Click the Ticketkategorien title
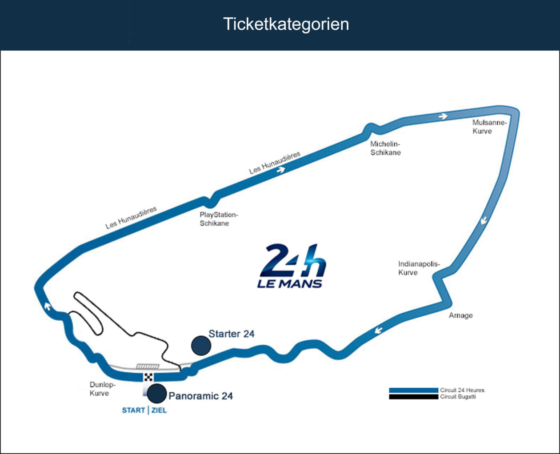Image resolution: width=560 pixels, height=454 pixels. click(286, 24)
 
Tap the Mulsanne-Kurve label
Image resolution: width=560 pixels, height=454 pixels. click(489, 127)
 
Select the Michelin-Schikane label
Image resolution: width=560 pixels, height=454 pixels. click(385, 148)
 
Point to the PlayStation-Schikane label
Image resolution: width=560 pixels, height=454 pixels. click(219, 219)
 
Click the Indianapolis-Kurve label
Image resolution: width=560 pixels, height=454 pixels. click(419, 268)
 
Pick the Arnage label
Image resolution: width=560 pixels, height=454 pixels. click(460, 315)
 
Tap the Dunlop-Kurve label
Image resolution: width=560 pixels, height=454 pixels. click(103, 389)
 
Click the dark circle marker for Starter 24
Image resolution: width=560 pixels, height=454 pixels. click(201, 346)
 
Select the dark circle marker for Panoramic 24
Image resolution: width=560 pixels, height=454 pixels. click(157, 394)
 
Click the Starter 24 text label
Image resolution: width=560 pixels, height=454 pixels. click(232, 334)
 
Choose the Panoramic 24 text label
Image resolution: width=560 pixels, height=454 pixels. click(200, 396)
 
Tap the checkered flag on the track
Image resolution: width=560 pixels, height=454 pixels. click(148, 377)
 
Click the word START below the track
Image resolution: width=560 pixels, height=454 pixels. click(134, 410)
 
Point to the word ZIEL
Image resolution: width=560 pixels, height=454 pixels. click(159, 410)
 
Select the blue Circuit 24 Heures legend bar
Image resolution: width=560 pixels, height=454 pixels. click(414, 390)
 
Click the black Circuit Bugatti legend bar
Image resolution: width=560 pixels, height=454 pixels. click(414, 397)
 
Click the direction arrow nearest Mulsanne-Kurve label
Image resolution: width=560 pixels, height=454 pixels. click(443, 116)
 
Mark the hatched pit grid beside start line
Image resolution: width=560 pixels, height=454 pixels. click(148, 366)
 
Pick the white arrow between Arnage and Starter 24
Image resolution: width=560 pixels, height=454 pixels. click(378, 330)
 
